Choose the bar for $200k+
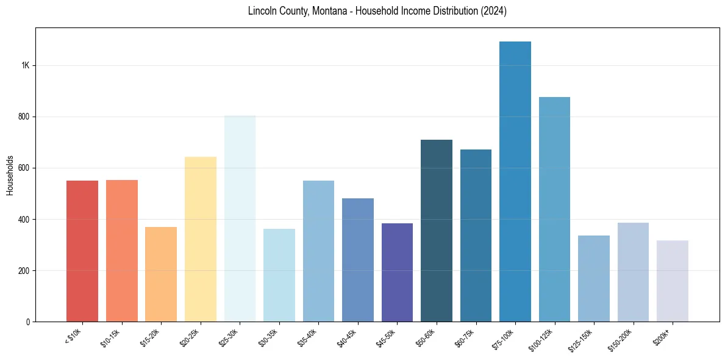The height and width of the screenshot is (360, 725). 673,281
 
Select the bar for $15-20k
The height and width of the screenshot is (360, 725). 161,274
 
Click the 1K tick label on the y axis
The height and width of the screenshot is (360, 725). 24,66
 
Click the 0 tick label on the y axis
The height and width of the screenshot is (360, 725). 27,322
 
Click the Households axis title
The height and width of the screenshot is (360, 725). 10,175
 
